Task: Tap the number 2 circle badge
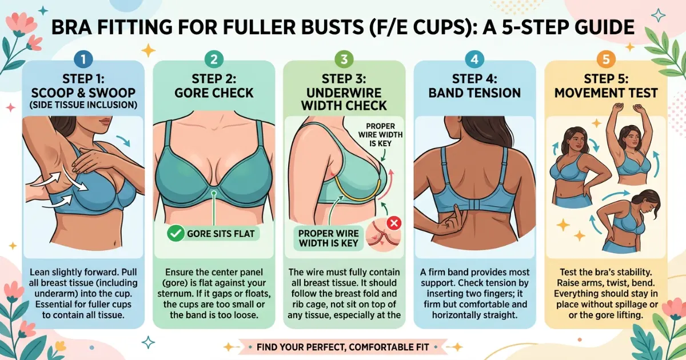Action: click(x=213, y=58)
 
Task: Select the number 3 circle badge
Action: click(x=344, y=58)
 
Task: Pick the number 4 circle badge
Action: click(x=474, y=58)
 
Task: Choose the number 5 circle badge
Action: click(x=605, y=58)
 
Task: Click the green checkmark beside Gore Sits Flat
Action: click(x=175, y=233)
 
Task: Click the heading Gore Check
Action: click(x=213, y=92)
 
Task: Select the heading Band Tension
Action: click(x=474, y=92)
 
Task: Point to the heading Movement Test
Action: click(x=605, y=92)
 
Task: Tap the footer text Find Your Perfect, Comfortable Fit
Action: click(x=343, y=346)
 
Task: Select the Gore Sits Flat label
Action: click(x=220, y=233)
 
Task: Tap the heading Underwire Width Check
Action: click(x=344, y=98)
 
